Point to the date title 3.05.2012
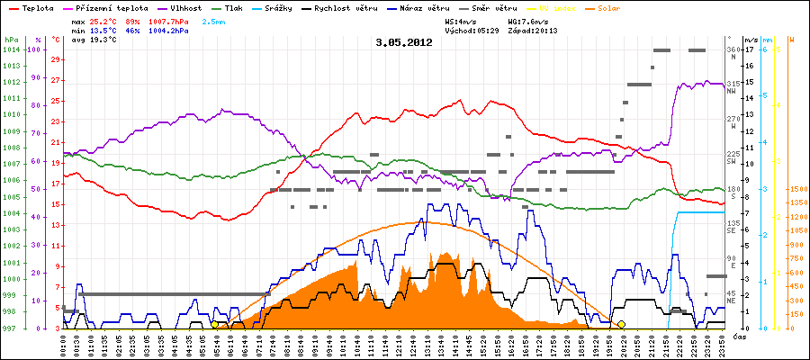(404, 42)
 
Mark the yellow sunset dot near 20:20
(621, 324)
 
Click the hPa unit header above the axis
(11, 40)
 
